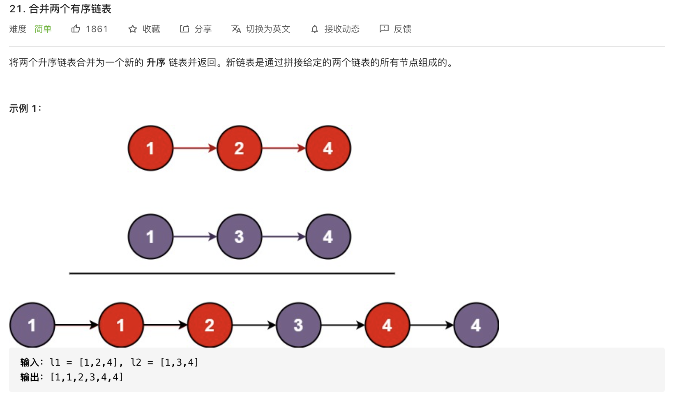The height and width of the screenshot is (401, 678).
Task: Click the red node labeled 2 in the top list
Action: [x=239, y=148]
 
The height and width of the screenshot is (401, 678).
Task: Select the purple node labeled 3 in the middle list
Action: [x=239, y=237]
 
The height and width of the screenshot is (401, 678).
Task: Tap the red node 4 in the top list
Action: [x=328, y=148]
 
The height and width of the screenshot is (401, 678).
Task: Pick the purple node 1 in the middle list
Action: [x=150, y=237]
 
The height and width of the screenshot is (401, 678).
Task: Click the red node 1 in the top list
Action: [x=150, y=148]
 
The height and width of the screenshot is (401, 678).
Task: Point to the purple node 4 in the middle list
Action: [x=328, y=237]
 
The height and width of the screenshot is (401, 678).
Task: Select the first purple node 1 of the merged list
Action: [x=32, y=325]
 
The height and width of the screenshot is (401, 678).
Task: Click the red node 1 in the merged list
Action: [x=121, y=325]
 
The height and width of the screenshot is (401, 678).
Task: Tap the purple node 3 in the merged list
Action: [x=298, y=325]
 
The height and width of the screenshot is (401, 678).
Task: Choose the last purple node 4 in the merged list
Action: [x=476, y=325]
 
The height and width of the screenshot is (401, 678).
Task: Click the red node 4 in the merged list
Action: [x=387, y=325]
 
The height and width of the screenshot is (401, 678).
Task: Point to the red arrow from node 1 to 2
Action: [x=195, y=148]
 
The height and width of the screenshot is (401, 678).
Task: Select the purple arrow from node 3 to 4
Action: [x=284, y=237]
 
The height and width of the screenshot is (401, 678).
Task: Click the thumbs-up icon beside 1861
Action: [x=76, y=29]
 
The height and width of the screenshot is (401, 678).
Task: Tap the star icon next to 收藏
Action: [x=132, y=29]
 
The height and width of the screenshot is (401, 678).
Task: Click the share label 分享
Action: [x=203, y=29]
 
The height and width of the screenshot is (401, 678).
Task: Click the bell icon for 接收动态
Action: [x=315, y=29]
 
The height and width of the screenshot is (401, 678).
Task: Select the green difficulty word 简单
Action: [x=43, y=29]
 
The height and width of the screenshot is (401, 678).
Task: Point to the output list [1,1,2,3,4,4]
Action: [x=87, y=377]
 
